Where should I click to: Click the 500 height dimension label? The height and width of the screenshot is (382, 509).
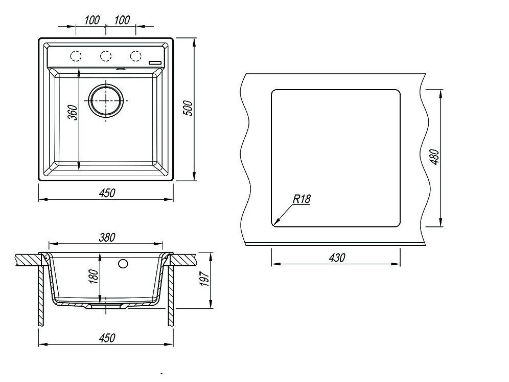[x=188, y=109]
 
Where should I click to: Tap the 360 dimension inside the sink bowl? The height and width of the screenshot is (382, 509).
[x=74, y=112]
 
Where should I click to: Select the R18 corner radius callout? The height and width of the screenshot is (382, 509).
[x=302, y=199]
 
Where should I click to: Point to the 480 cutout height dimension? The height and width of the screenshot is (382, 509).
[x=434, y=157]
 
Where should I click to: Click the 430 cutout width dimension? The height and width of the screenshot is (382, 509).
[x=337, y=258]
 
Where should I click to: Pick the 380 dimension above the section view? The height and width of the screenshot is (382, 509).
[x=107, y=237]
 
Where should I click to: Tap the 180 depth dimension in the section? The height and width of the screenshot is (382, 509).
[x=94, y=277]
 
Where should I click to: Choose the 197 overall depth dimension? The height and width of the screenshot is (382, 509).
[x=204, y=279]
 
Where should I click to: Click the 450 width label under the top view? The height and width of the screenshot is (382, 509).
[x=107, y=193]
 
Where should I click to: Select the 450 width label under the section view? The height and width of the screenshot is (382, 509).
[x=107, y=338]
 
